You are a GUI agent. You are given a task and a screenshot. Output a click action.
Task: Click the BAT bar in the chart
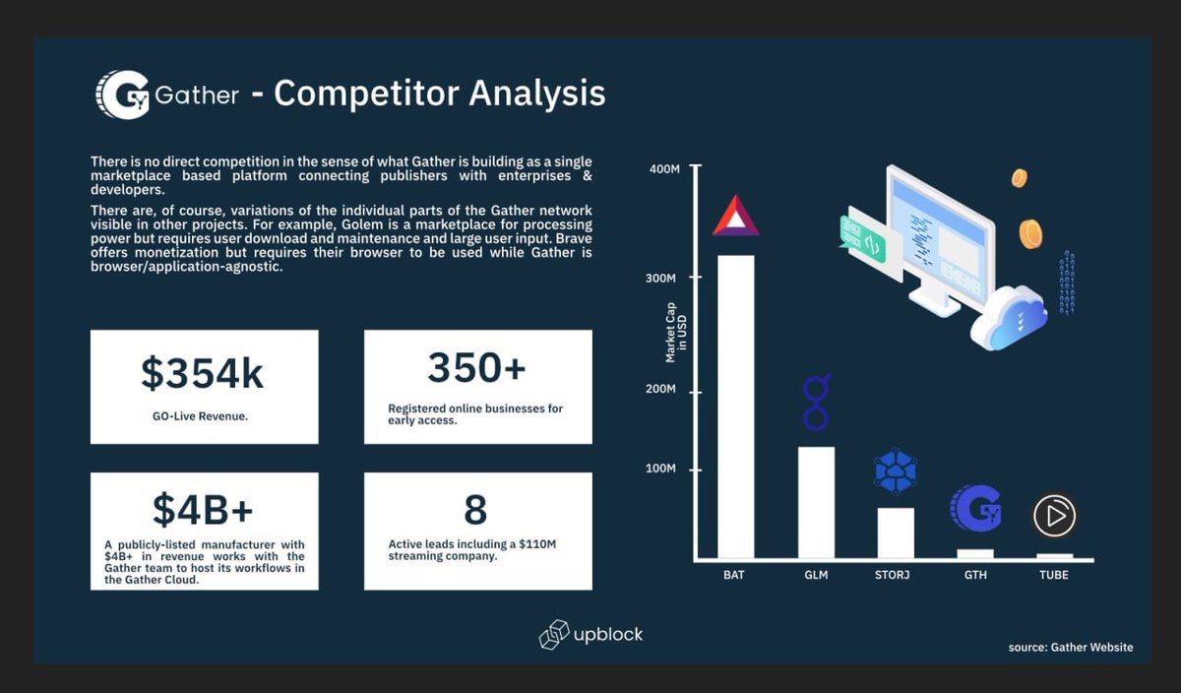[735, 407]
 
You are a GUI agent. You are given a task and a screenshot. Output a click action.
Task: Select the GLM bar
[816, 502]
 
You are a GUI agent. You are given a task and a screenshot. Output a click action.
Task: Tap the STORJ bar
[896, 533]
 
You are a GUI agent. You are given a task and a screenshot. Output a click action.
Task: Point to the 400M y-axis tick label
[665, 169]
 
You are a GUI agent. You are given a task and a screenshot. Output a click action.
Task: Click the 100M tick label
[661, 469]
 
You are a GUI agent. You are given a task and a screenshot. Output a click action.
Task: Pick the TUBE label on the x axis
[1053, 575]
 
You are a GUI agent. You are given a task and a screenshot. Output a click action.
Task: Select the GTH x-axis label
[975, 575]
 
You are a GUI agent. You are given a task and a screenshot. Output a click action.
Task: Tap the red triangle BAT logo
[735, 216]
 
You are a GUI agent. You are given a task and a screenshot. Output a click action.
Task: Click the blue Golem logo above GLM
[816, 402]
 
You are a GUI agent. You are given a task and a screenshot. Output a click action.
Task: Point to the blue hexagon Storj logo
[896, 471]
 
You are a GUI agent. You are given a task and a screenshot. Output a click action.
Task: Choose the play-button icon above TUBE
[1054, 515]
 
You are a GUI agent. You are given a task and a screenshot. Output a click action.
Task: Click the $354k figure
[202, 373]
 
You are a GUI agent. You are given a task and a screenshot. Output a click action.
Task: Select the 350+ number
[476, 367]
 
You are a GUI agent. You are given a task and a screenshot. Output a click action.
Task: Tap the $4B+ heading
[203, 509]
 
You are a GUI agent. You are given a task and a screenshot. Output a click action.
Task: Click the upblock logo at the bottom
[590, 635]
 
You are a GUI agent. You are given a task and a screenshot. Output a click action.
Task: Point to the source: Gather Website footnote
[1070, 647]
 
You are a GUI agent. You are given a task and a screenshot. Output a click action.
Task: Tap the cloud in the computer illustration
[1007, 317]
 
